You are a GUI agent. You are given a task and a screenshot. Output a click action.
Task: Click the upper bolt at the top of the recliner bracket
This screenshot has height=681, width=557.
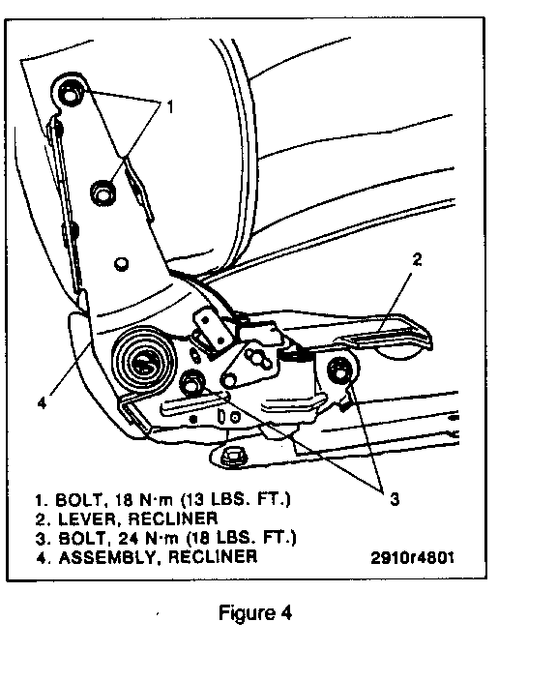click(x=68, y=92)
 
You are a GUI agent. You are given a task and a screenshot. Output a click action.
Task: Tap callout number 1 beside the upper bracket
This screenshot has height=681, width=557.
click(x=170, y=106)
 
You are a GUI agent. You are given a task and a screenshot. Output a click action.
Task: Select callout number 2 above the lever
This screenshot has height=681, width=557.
click(x=417, y=259)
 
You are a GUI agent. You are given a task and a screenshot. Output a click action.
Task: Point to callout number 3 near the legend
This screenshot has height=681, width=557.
click(x=395, y=499)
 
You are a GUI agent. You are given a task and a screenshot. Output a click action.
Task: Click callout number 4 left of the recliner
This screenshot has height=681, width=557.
click(x=42, y=403)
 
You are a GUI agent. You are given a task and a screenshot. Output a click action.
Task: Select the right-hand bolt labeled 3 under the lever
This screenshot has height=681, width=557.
click(x=340, y=370)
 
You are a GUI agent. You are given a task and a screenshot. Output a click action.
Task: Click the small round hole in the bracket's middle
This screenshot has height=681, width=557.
click(x=121, y=264)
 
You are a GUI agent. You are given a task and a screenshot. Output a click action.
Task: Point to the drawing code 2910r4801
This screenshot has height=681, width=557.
click(x=413, y=557)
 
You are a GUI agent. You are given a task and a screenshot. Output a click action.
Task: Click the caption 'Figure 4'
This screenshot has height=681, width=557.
click(x=255, y=613)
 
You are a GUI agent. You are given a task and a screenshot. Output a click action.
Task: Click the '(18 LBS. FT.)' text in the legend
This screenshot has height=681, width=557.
click(x=241, y=538)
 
